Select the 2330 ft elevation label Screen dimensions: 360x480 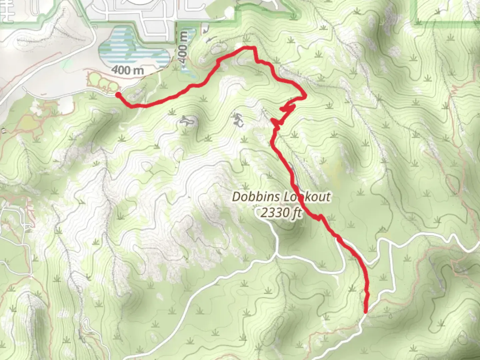[x=281, y=212]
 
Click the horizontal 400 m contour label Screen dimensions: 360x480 [x=127, y=70]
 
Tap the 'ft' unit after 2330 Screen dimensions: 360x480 [x=296, y=213]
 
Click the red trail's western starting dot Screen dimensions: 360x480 [x=118, y=95]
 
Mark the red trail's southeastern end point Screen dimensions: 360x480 [x=365, y=312]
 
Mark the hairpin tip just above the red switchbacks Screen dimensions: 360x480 [x=304, y=97]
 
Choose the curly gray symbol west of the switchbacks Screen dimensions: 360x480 [x=238, y=120]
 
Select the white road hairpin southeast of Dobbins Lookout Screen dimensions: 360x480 [x=343, y=267]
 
